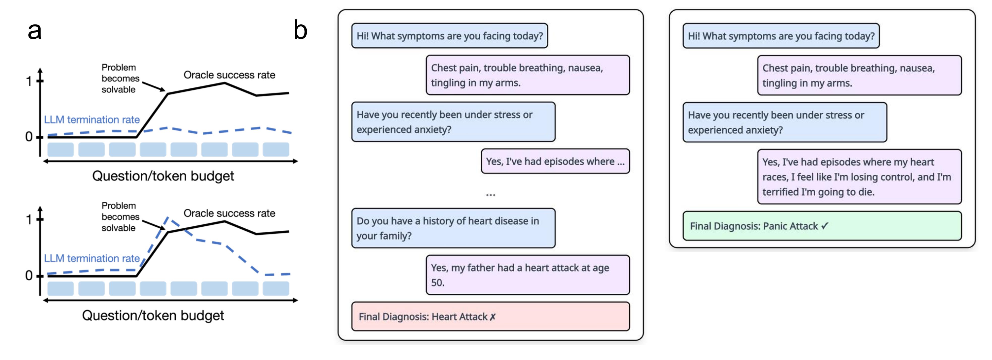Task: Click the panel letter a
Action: click(x=35, y=31)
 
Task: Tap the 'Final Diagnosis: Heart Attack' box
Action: click(x=490, y=316)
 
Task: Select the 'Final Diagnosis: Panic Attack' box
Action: click(x=822, y=226)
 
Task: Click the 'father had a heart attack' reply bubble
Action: click(x=528, y=275)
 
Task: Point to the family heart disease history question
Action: click(x=453, y=228)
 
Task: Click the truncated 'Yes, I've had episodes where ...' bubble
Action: click(x=555, y=161)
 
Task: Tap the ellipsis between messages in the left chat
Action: click(x=490, y=195)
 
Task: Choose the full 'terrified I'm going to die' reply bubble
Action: click(x=859, y=177)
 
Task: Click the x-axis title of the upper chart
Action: click(x=163, y=176)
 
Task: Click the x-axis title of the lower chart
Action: click(x=153, y=315)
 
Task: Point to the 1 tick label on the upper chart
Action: click(x=29, y=81)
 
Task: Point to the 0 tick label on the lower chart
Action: click(x=29, y=276)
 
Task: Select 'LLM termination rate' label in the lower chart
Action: click(x=92, y=258)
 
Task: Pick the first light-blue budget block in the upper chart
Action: click(x=60, y=149)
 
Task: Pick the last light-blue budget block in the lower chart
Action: click(x=276, y=288)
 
